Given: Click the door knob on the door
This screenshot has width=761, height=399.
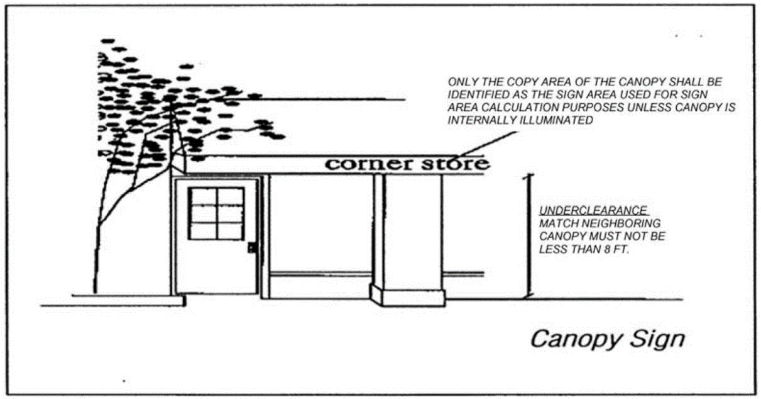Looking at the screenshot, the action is point(251,247).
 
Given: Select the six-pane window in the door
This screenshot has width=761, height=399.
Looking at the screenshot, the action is point(216,213).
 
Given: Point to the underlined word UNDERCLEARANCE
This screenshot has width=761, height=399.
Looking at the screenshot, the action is point(593,211).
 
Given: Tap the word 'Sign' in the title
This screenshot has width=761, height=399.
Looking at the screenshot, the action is point(654,339).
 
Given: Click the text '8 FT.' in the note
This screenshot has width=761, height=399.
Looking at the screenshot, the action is point(617,249).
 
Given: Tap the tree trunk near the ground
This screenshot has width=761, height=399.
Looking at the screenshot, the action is point(96,271).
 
